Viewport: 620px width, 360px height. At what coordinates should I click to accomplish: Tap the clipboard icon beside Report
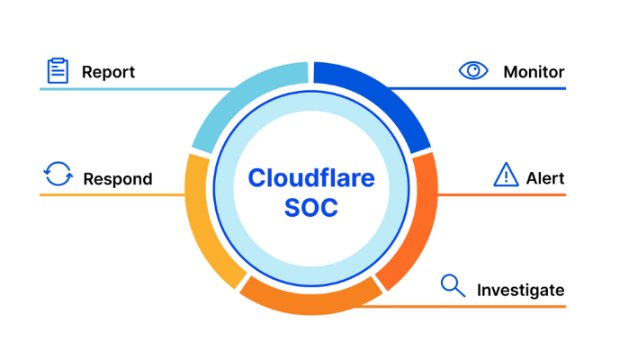58,70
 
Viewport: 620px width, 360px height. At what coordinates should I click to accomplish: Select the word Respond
117,178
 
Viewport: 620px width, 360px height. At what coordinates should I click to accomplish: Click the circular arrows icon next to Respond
58,174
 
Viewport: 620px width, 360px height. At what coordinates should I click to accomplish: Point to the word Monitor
534,71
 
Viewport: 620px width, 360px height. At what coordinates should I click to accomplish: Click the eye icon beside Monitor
473,70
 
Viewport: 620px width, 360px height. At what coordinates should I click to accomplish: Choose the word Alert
545,177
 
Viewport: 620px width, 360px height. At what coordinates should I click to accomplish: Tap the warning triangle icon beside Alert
507,175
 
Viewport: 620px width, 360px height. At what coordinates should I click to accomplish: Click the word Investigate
520,290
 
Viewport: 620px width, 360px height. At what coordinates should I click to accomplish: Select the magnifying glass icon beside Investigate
453,285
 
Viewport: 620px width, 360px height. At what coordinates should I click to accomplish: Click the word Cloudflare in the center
311,176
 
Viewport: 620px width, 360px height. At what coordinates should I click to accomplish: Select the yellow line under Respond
108,194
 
